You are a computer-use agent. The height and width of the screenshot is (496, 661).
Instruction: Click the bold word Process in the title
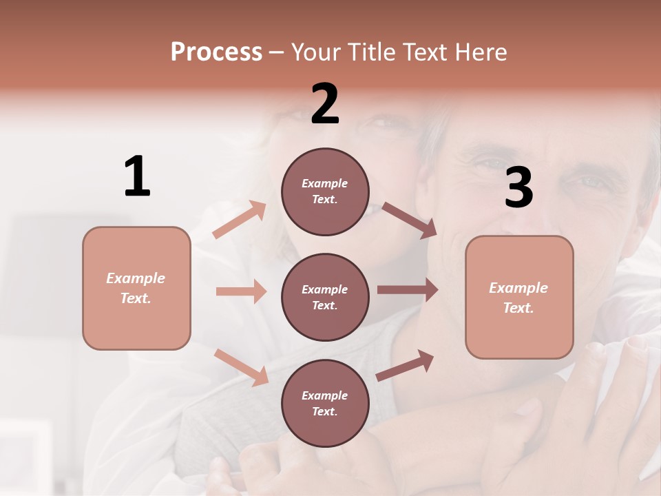[216, 52]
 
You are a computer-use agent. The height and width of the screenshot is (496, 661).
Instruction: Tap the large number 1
[137, 176]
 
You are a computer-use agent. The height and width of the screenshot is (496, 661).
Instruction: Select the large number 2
[325, 104]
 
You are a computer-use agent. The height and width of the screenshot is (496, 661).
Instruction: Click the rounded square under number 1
[136, 288]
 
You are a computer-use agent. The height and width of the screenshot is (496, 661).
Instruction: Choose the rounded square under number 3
[519, 297]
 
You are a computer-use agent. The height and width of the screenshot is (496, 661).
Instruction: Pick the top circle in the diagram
[325, 192]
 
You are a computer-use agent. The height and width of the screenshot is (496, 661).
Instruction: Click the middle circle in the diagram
[325, 297]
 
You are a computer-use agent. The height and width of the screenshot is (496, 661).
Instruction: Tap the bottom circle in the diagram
[325, 403]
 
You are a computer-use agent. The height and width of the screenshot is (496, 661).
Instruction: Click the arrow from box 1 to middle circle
[241, 291]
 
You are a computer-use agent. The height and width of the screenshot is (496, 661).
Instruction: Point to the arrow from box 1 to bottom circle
[241, 367]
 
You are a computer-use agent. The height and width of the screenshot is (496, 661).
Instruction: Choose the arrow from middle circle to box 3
[408, 290]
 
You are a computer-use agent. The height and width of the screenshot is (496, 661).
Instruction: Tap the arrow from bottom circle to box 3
[405, 365]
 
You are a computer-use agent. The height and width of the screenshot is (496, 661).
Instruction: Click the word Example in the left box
[136, 278]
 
